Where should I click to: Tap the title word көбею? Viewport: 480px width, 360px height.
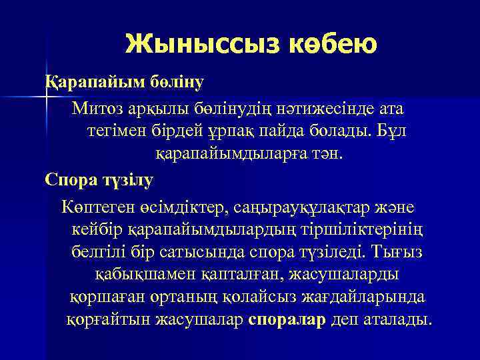pyautogui.click(x=333, y=44)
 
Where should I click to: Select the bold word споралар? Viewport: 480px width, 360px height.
pyautogui.click(x=287, y=319)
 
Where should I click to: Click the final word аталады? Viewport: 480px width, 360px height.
pyautogui.click(x=397, y=319)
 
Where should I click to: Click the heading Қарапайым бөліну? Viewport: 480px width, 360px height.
pyautogui.click(x=124, y=83)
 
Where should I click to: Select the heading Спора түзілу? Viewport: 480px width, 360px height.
pyautogui.click(x=99, y=179)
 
